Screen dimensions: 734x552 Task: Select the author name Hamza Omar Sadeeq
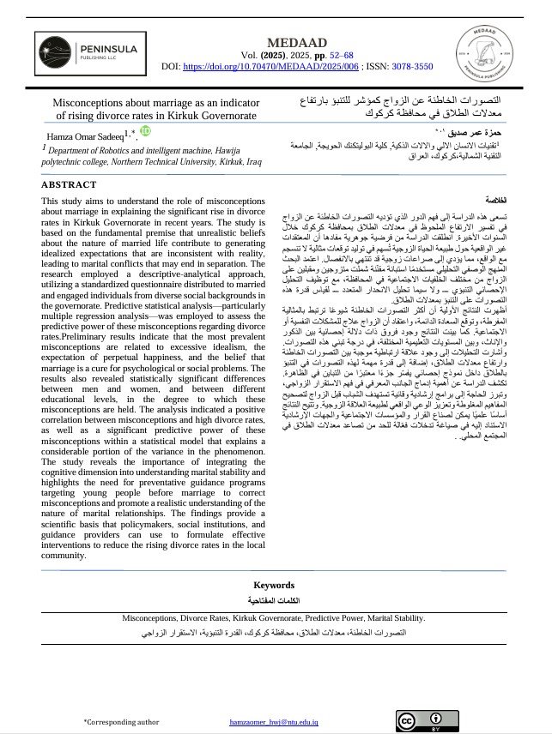(x=82, y=135)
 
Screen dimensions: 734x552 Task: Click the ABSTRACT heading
(x=70, y=183)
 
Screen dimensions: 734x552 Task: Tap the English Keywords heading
(x=275, y=586)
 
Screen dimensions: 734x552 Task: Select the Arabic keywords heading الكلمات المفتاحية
(x=275, y=601)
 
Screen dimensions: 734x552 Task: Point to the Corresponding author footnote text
(x=121, y=722)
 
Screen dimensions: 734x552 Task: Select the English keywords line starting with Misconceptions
(x=274, y=617)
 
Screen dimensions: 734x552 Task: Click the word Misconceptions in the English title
(x=99, y=100)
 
